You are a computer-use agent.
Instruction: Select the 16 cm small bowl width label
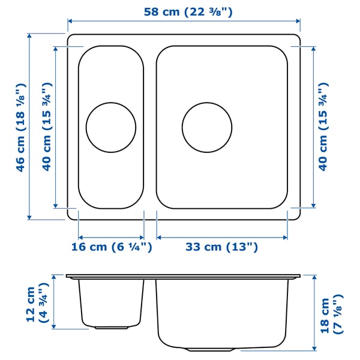pos(112,247)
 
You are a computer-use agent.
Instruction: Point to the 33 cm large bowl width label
pos(222,247)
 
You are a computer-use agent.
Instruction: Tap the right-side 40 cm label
pos(323,127)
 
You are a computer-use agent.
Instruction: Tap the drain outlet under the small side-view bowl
pos(111,328)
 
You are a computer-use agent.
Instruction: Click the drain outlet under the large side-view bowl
pos(207,349)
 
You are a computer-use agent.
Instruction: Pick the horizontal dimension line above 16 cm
pos(112,235)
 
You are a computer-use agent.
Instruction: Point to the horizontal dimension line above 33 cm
pos(222,235)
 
